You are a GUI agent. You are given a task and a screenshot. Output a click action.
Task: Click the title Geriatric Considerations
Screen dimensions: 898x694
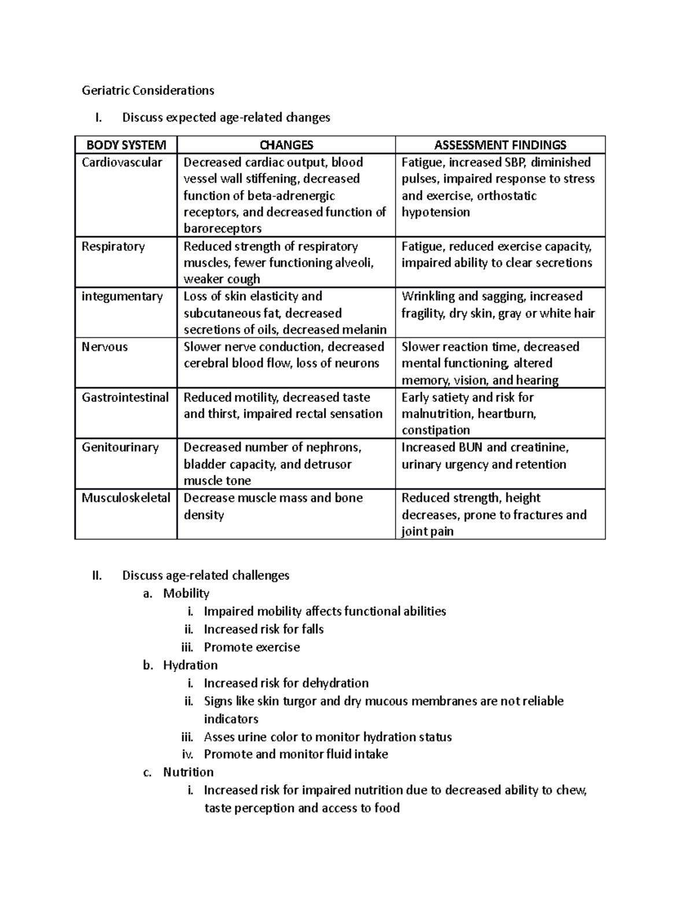click(x=147, y=90)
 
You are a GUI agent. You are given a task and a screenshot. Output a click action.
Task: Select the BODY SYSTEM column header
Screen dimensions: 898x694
click(x=126, y=145)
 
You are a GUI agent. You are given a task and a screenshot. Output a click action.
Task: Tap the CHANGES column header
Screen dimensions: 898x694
click(x=286, y=145)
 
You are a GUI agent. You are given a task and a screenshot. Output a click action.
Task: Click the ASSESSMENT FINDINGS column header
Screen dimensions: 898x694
click(x=500, y=145)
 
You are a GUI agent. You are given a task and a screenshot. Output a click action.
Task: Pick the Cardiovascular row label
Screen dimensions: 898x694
click(x=122, y=162)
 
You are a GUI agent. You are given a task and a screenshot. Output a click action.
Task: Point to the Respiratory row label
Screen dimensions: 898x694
click(x=113, y=246)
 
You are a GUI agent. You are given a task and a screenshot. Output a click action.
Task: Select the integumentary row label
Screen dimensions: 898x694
click(x=122, y=297)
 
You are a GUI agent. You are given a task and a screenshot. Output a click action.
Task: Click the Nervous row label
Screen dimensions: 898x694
click(x=105, y=347)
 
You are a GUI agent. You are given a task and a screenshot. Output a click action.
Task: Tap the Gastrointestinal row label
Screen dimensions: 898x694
click(x=125, y=397)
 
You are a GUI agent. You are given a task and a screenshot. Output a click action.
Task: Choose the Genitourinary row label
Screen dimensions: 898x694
click(x=120, y=448)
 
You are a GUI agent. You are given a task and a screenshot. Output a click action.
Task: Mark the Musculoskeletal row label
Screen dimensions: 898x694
click(x=126, y=498)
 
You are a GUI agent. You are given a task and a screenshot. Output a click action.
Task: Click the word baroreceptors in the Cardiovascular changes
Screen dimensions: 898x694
click(x=223, y=228)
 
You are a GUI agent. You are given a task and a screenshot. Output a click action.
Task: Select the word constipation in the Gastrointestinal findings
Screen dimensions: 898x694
click(x=435, y=430)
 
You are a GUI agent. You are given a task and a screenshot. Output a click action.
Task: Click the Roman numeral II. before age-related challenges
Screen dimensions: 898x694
click(x=97, y=575)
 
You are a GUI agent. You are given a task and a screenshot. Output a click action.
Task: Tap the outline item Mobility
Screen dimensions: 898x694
click(x=186, y=593)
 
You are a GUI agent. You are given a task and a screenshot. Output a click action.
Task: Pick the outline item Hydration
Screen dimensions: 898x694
click(x=190, y=665)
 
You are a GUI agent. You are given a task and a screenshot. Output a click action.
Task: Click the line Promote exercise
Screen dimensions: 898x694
click(x=252, y=647)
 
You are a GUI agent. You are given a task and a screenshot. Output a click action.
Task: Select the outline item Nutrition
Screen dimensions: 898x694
click(x=189, y=772)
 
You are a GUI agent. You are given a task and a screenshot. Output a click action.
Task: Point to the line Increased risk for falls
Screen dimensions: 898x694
click(x=264, y=629)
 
